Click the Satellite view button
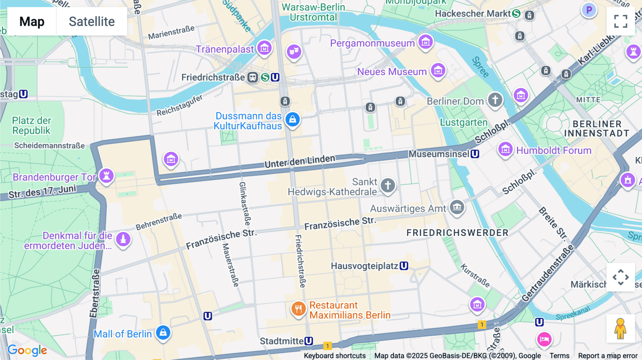click(x=92, y=21)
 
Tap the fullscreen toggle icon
click(x=621, y=21)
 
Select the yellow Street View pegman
click(x=620, y=329)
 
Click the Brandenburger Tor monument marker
click(x=106, y=176)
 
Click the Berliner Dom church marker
click(x=495, y=100)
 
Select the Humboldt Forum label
click(x=554, y=150)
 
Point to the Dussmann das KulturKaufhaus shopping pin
click(x=292, y=120)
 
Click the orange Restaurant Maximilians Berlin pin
click(x=299, y=309)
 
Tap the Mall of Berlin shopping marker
click(x=163, y=333)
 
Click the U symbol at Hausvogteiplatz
click(x=404, y=266)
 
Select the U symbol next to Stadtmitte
click(x=309, y=341)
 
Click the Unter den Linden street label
click(x=300, y=161)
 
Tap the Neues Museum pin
click(x=438, y=70)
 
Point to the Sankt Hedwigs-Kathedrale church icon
click(x=388, y=185)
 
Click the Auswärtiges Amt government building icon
click(x=457, y=207)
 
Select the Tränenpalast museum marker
click(x=264, y=48)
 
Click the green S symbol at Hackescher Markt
click(x=516, y=14)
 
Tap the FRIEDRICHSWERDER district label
click(x=457, y=233)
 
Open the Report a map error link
click(x=607, y=355)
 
